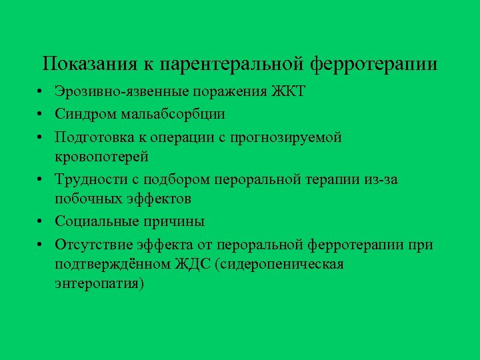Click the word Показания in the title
tap(89, 64)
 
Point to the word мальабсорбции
tap(173, 114)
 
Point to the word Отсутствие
tap(95, 245)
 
